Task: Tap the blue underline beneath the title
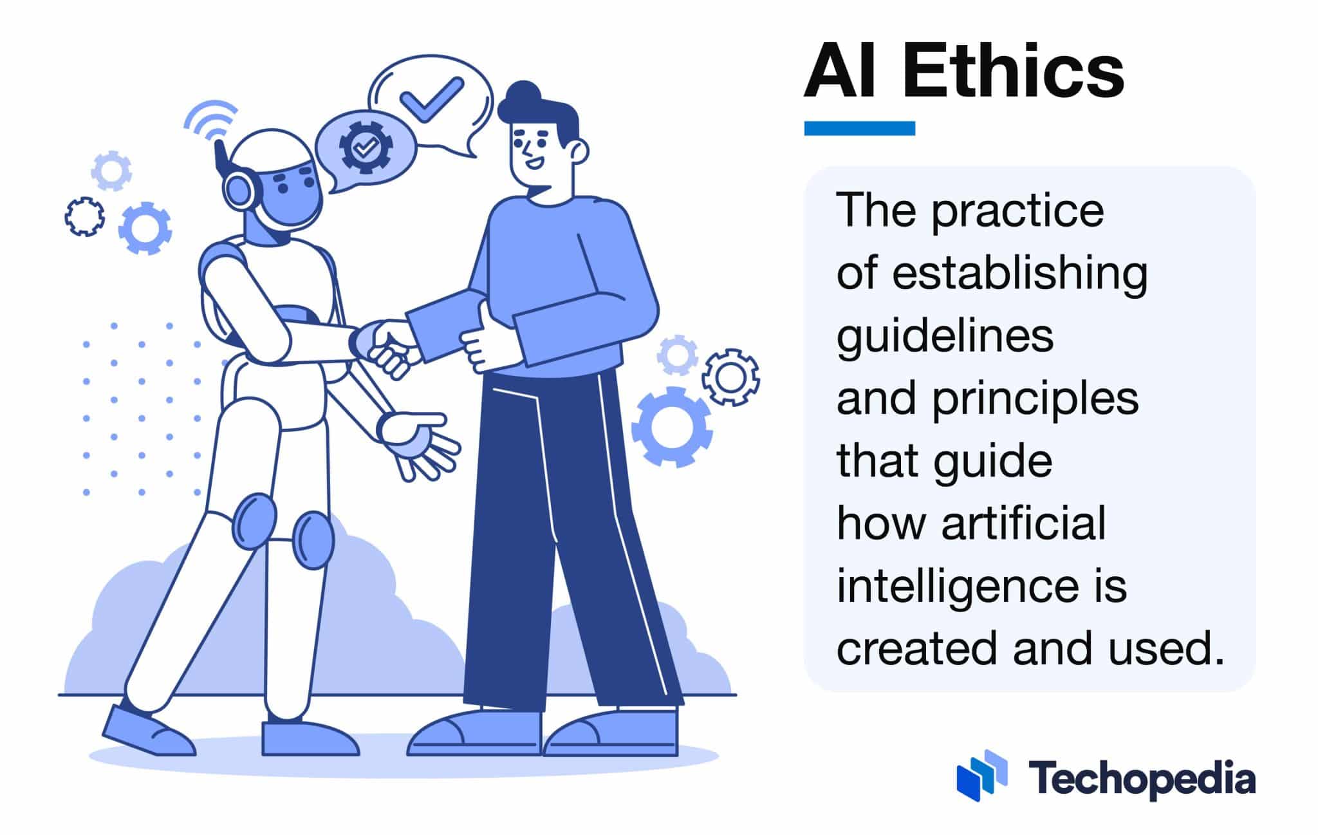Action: pyautogui.click(x=859, y=128)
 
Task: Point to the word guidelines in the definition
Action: pyautogui.click(x=944, y=337)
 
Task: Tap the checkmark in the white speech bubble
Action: pyautogui.click(x=431, y=99)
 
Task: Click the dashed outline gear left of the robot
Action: pyautogui.click(x=84, y=217)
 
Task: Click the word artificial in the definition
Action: pyautogui.click(x=1023, y=525)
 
